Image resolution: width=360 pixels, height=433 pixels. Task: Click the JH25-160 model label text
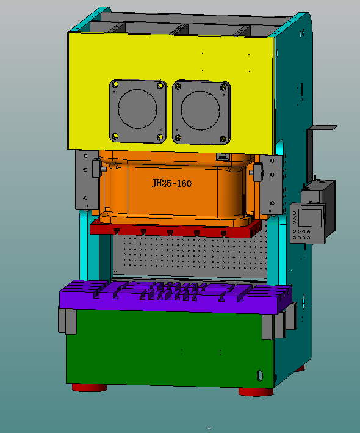[x=171, y=183]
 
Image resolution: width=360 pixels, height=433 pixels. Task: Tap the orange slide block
[x=134, y=195]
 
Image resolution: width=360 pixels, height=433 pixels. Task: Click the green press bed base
[x=165, y=348]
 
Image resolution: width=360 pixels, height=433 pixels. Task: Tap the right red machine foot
[x=255, y=390]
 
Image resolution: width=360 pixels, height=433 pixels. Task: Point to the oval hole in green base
[x=259, y=374]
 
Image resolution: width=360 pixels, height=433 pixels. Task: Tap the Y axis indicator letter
[x=208, y=429]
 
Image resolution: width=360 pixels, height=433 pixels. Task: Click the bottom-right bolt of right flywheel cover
[x=223, y=137]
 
